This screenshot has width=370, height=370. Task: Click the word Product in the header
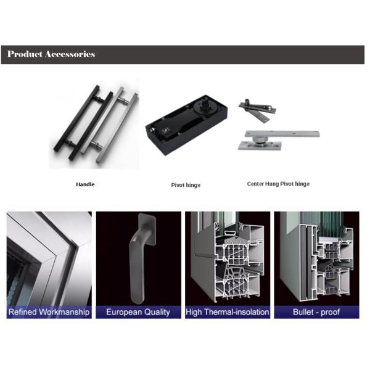click(x=25, y=54)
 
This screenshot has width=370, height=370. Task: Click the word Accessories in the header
click(x=70, y=54)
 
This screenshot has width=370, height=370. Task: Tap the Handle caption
click(x=85, y=184)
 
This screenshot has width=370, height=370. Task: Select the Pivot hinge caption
click(x=186, y=185)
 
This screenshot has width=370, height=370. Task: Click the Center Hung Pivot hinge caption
click(x=278, y=184)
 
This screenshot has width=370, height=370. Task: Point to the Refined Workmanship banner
click(x=49, y=312)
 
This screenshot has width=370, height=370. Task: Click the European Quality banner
click(x=138, y=312)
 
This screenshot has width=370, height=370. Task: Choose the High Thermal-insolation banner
click(x=228, y=312)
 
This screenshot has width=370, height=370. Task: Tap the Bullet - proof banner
click(x=316, y=312)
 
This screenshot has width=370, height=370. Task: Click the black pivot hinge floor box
click(x=186, y=125)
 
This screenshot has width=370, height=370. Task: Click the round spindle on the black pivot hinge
click(x=204, y=105)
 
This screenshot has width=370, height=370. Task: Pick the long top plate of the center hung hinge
click(x=282, y=134)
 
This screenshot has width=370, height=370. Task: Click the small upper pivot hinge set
click(x=257, y=110)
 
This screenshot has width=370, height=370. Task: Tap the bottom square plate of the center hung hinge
click(x=260, y=146)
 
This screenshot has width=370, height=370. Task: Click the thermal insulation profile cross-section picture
click(x=228, y=258)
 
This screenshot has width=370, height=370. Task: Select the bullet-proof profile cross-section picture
click(x=316, y=258)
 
